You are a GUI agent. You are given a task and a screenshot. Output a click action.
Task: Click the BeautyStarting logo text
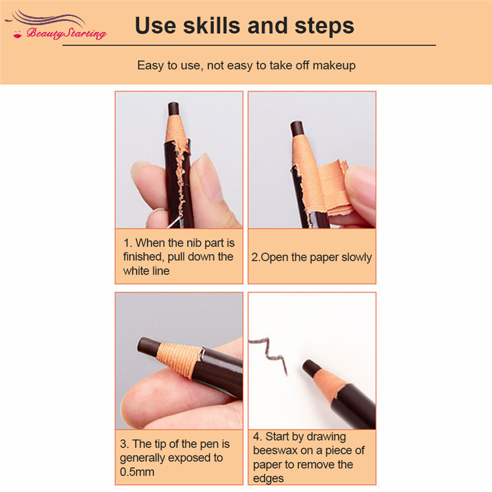(66, 33)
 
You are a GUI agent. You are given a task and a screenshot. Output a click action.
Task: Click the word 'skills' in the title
(212, 25)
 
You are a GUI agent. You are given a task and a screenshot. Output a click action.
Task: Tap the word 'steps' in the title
(324, 26)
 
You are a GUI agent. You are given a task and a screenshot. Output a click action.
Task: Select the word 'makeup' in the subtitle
(334, 65)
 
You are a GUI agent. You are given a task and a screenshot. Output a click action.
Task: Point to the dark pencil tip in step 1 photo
(173, 108)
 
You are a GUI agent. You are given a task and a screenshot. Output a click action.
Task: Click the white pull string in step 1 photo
(175, 221)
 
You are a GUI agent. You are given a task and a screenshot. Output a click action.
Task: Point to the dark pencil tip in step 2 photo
(297, 129)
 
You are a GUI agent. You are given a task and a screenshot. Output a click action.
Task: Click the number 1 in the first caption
(127, 243)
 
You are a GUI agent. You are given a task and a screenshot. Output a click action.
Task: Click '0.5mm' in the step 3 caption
(137, 472)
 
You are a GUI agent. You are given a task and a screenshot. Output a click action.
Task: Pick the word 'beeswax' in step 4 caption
(275, 451)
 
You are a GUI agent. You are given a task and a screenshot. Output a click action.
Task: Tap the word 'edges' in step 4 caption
(268, 478)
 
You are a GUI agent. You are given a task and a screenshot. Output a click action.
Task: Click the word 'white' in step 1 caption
(135, 271)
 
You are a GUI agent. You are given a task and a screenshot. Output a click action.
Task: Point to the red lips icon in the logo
(18, 34)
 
